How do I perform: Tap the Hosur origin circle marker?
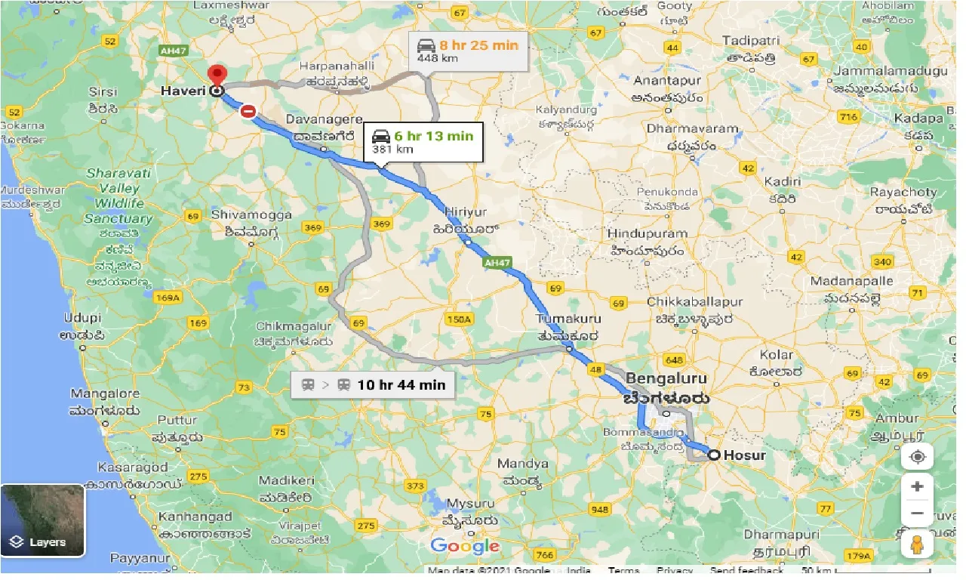[x=713, y=455]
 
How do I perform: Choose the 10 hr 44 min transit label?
[x=374, y=384]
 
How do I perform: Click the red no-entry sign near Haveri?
[x=248, y=112]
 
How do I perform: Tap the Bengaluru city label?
[x=666, y=378]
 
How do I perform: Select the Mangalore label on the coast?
[x=105, y=393]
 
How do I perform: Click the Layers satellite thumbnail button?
[x=42, y=520]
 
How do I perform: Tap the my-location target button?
[x=918, y=457]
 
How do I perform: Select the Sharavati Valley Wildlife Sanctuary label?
[x=119, y=196]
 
